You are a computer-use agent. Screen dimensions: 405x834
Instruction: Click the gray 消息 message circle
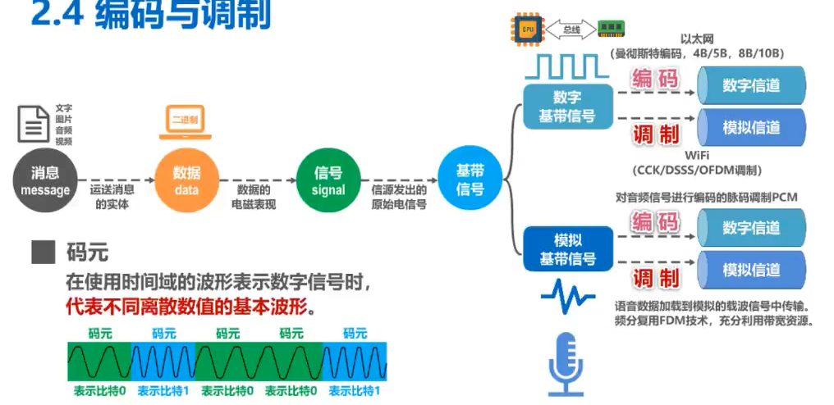tap(45, 181)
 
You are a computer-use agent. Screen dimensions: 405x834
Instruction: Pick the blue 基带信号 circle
tap(470, 180)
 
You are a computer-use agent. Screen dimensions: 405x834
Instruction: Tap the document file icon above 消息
tap(34, 124)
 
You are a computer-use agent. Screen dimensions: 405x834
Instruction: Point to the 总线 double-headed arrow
tap(570, 30)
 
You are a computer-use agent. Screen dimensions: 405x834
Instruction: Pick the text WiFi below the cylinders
tap(696, 155)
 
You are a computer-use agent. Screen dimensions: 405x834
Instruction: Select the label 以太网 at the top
tap(696, 39)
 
